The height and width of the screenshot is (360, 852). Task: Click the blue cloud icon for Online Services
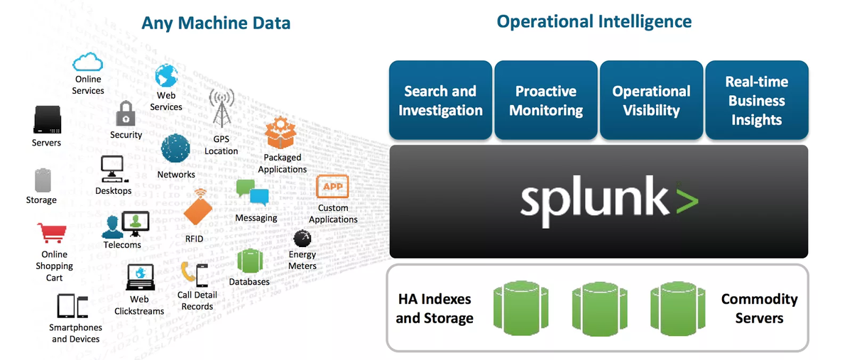[x=88, y=62]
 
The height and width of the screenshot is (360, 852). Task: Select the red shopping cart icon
[x=52, y=233]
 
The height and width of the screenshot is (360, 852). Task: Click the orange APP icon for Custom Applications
[x=332, y=187]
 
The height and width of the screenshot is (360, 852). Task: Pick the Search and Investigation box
[x=440, y=100]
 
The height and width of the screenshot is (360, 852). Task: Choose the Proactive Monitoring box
[x=545, y=100]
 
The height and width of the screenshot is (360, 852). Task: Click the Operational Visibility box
[x=651, y=100]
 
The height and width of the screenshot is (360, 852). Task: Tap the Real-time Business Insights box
[x=756, y=100]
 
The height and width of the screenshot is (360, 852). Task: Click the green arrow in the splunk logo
[x=686, y=200]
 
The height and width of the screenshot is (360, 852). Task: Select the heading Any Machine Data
[x=216, y=23]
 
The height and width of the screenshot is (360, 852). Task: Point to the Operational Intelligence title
[x=594, y=21]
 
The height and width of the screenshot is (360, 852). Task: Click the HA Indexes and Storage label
[x=435, y=308]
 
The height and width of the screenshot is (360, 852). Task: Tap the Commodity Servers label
[x=759, y=308]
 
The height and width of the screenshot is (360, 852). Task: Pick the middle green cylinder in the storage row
[x=599, y=307]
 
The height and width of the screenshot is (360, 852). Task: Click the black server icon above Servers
[x=47, y=120]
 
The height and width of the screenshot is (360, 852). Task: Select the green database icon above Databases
[x=250, y=261]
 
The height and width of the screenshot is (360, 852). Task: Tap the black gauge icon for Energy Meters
[x=302, y=238]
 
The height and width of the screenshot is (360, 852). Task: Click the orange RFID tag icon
[x=197, y=210]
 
